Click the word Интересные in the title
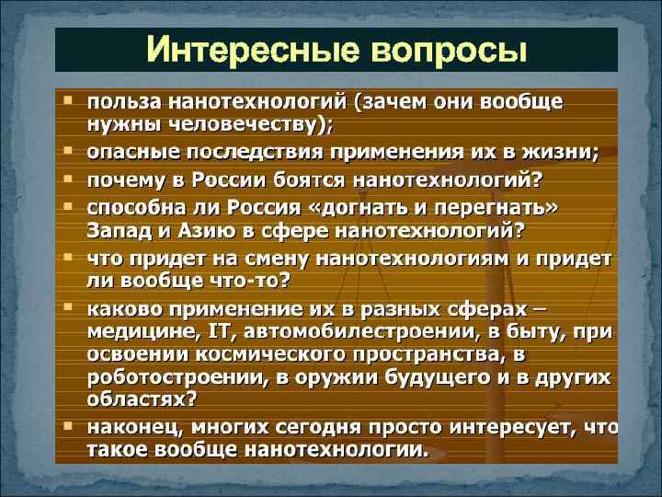(x=240, y=49)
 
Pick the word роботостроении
(x=161, y=377)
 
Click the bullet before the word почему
(x=70, y=174)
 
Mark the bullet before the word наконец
(x=70, y=427)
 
